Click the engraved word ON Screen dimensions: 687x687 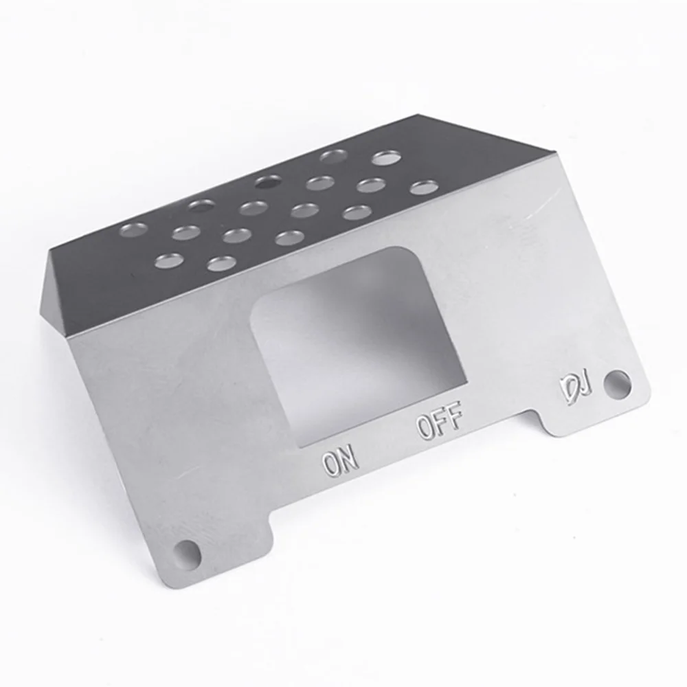point(341,461)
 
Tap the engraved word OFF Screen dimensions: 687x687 point(440,422)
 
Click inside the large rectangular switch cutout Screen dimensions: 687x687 point(357,343)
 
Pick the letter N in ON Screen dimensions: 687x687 point(350,458)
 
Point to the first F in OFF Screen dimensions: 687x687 point(440,421)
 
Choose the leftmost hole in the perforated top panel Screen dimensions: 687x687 point(133,229)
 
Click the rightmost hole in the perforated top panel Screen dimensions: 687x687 point(425,187)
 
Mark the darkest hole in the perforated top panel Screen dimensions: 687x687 point(268,182)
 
